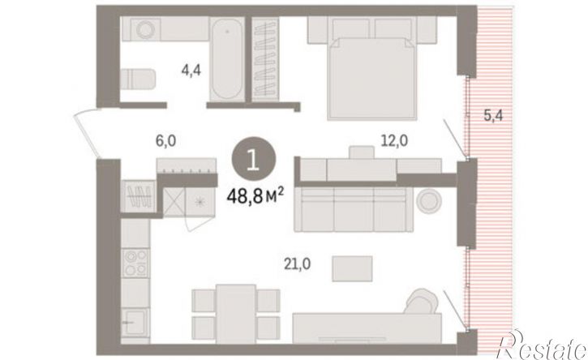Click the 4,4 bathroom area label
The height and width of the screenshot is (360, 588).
[x=191, y=71]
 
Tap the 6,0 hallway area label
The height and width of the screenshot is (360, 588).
[x=165, y=141]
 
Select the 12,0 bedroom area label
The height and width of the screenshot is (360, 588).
[x=394, y=141]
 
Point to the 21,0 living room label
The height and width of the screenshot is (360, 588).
[x=297, y=264]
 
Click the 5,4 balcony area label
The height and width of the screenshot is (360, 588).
[x=493, y=115]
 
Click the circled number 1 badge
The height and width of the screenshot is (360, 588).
[x=254, y=160]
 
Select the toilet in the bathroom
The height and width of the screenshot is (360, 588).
[x=138, y=79]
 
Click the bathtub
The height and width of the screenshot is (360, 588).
[x=226, y=59]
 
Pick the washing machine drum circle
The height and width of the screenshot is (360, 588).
[x=145, y=29]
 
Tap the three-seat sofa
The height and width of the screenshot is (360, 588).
[x=354, y=209]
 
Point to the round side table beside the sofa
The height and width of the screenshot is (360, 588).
[x=429, y=202]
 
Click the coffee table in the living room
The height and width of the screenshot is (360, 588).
[x=352, y=268]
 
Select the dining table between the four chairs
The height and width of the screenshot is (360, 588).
[x=236, y=314]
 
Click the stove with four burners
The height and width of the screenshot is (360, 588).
[x=135, y=263]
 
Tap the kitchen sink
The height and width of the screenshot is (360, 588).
[x=135, y=322]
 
